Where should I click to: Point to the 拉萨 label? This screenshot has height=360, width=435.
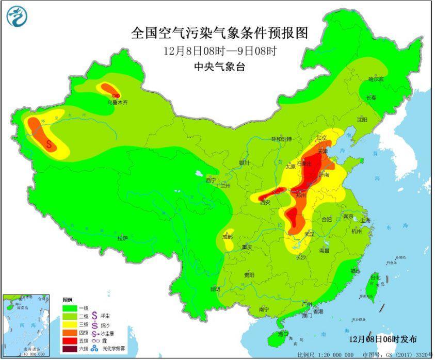(122, 238)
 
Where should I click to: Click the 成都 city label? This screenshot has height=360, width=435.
(227, 237)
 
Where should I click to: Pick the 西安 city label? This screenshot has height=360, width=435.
(266, 202)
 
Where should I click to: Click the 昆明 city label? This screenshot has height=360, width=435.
(215, 289)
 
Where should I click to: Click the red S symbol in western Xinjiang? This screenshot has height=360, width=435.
(50, 144)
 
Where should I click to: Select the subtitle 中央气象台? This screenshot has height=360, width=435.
(219, 66)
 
